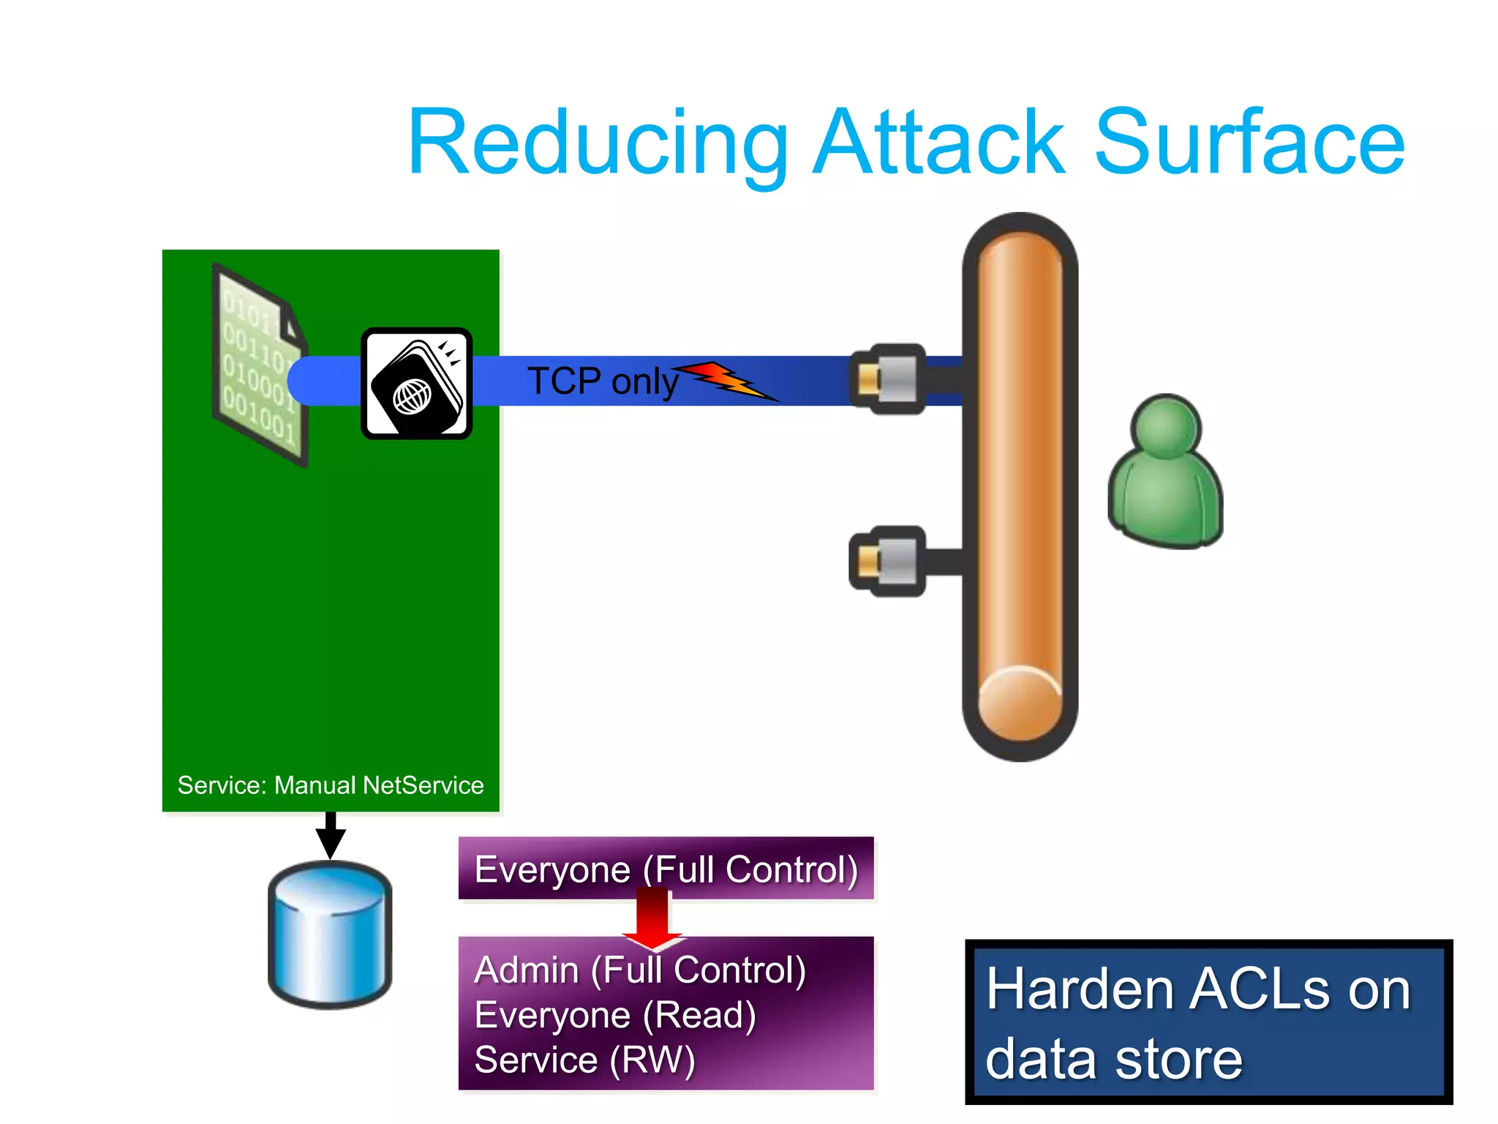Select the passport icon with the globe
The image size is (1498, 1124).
tap(417, 383)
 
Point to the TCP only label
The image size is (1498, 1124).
tap(603, 381)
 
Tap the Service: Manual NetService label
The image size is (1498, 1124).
tap(331, 785)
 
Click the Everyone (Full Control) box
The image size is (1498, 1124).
tap(666, 869)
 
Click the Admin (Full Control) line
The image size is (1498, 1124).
tap(640, 970)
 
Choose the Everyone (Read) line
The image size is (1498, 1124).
tap(615, 1015)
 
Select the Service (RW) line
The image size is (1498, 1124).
tap(584, 1060)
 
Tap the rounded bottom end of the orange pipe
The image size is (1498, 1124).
tap(1020, 706)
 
